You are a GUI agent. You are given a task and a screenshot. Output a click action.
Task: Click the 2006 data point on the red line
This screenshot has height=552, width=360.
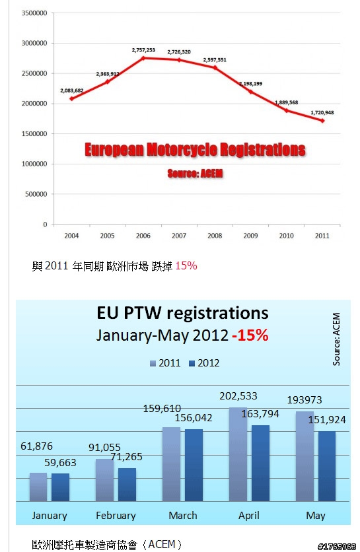[143, 57]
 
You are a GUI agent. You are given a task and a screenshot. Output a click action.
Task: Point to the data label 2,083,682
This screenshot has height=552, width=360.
[72, 90]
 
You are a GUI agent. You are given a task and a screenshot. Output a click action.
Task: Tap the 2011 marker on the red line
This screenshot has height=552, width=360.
[322, 120]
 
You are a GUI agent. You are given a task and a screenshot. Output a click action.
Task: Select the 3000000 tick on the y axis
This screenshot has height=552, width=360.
[34, 43]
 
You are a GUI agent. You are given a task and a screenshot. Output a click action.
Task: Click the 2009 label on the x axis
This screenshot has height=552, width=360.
[250, 236]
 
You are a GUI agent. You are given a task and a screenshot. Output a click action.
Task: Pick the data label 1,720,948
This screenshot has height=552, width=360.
[322, 113]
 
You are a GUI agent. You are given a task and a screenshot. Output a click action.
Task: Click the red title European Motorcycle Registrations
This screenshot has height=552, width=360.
[195, 150]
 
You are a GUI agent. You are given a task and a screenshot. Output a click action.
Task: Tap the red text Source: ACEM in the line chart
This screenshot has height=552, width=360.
[195, 173]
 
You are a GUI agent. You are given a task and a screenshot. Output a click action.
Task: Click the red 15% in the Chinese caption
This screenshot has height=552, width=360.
[186, 265]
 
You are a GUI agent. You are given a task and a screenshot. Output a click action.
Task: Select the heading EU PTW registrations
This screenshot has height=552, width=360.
[182, 312]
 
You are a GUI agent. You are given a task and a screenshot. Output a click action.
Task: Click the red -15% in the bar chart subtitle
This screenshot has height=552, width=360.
[250, 335]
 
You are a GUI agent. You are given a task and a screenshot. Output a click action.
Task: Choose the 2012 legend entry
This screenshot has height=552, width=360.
[204, 363]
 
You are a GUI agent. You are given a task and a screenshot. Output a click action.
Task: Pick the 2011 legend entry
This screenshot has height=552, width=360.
[165, 363]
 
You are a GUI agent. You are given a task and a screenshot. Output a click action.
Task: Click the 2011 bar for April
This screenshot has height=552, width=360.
[238, 454]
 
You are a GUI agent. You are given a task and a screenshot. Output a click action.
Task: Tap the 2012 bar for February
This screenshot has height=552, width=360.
[127, 485]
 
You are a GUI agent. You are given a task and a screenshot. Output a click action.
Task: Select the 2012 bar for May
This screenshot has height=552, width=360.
[327, 466]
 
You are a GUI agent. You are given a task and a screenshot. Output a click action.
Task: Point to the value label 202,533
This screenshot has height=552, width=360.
[238, 396]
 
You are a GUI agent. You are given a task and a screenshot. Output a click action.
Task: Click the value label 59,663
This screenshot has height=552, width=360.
[60, 462]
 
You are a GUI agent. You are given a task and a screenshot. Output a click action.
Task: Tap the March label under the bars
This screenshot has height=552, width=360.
[183, 516]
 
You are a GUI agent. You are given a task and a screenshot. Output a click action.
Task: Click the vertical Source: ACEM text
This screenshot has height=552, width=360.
[336, 339]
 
